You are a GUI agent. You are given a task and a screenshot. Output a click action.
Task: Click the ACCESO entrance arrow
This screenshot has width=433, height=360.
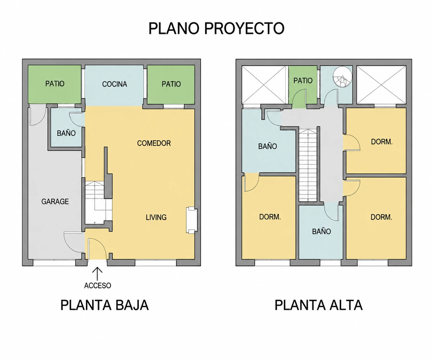tap(97, 274)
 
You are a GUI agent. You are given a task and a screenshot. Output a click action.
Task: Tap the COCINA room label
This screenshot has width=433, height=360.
tap(115, 84)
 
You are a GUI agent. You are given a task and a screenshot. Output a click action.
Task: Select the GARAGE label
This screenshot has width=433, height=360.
tap(55, 201)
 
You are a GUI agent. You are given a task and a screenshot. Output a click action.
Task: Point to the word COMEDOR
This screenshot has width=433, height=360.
tap(154, 143)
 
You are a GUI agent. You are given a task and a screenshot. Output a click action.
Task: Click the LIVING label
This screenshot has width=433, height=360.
tap(156, 217)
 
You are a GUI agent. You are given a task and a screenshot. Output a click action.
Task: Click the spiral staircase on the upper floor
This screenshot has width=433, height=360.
tap(342, 76)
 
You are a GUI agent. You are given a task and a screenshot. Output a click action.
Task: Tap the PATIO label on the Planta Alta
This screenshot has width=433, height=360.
tap(303, 81)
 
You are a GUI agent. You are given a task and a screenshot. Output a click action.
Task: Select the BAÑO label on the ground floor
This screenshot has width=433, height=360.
tap(66, 133)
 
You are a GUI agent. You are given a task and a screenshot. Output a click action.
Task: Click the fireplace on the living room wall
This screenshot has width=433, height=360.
tap(191, 220)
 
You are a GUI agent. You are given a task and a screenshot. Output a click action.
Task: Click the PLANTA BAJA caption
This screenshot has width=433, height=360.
tap(105, 305)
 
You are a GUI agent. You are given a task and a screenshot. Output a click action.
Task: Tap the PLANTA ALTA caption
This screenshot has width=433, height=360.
tap(318, 305)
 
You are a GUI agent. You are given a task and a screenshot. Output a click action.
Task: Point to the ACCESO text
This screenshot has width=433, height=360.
tap(98, 286)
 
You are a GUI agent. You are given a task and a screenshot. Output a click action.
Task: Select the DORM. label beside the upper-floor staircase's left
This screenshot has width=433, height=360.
tap(270, 217)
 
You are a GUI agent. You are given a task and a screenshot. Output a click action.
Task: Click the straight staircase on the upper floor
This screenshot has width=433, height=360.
tap(308, 165)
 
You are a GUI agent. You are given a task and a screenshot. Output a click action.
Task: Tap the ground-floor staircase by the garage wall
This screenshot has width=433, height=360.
tap(99, 202)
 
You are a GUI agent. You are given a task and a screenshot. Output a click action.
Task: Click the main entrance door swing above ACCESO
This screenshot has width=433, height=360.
tap(97, 249)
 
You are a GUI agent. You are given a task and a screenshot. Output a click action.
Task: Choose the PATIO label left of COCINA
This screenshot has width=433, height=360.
tap(55, 84)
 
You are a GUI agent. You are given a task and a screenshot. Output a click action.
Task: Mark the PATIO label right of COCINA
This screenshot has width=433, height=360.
tap(171, 84)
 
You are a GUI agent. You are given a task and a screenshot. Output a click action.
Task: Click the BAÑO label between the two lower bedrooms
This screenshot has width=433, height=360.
tap(321, 231)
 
